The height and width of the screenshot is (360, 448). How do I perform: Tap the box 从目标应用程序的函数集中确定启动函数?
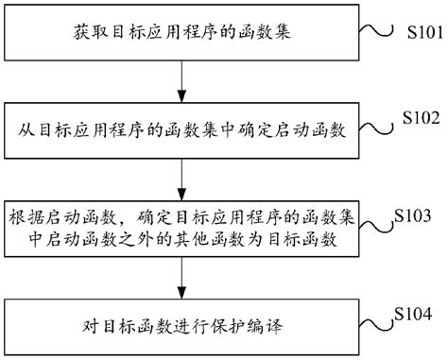coord(181,131)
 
